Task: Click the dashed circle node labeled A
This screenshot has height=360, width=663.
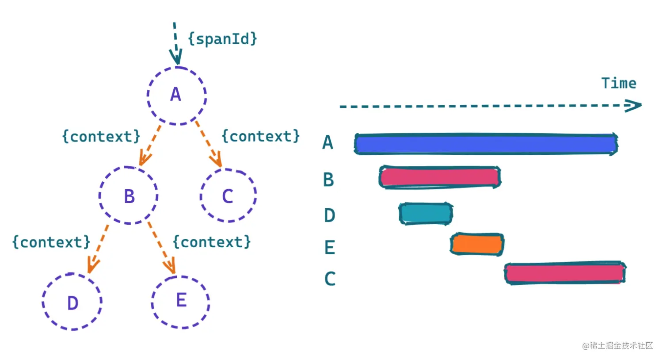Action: pos(176,95)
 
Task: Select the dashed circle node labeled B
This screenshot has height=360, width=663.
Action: pos(129,195)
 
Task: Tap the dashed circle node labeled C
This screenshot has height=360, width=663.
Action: pos(228,195)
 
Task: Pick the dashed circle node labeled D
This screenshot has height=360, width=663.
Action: pos(72,302)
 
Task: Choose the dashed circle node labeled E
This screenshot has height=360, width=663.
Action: pos(180,302)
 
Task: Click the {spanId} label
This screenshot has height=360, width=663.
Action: pos(222,39)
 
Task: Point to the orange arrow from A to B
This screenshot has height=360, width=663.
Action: pos(150,145)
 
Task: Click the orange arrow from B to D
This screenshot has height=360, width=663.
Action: pos(99,248)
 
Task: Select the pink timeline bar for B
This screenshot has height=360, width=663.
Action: pos(439,177)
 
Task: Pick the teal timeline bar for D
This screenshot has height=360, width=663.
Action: pos(426,214)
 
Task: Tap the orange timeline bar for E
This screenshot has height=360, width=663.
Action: pos(477,244)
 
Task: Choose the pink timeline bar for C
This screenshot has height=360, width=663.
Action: pos(565,273)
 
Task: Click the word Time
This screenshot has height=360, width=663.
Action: pos(618,83)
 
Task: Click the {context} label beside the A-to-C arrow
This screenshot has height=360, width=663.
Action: pos(260,136)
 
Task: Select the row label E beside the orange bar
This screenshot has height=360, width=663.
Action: pos(330,247)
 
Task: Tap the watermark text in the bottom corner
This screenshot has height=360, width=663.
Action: pos(617,345)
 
